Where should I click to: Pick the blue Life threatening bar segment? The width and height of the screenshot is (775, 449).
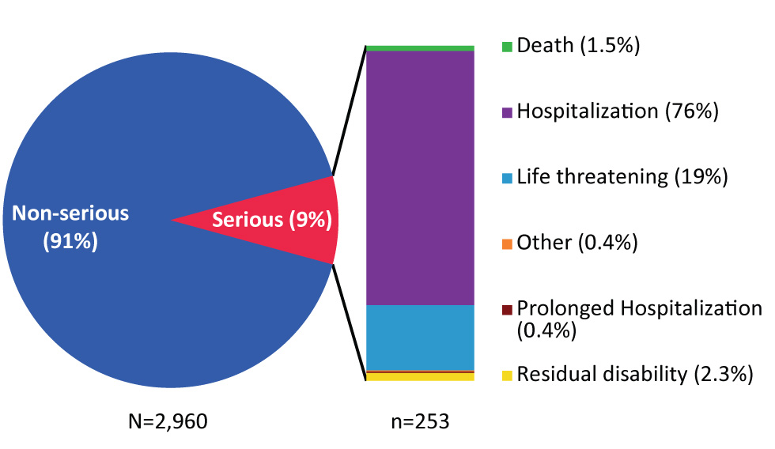click(420, 337)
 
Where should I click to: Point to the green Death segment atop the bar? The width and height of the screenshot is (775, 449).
click(420, 48)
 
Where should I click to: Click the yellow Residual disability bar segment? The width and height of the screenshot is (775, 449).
click(420, 377)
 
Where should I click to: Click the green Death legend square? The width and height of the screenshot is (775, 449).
click(508, 47)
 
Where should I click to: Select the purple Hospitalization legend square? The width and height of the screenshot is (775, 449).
click(508, 112)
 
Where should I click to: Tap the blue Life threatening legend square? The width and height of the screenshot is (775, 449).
click(508, 178)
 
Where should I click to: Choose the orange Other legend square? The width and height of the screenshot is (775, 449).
click(508, 243)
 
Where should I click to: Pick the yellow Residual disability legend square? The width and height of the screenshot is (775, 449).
click(508, 375)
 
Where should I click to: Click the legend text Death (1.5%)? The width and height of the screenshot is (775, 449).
click(578, 46)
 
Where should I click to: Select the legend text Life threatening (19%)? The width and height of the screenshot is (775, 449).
click(622, 177)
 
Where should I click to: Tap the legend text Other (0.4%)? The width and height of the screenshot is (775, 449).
click(577, 243)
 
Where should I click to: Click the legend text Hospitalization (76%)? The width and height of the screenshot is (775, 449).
click(617, 111)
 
